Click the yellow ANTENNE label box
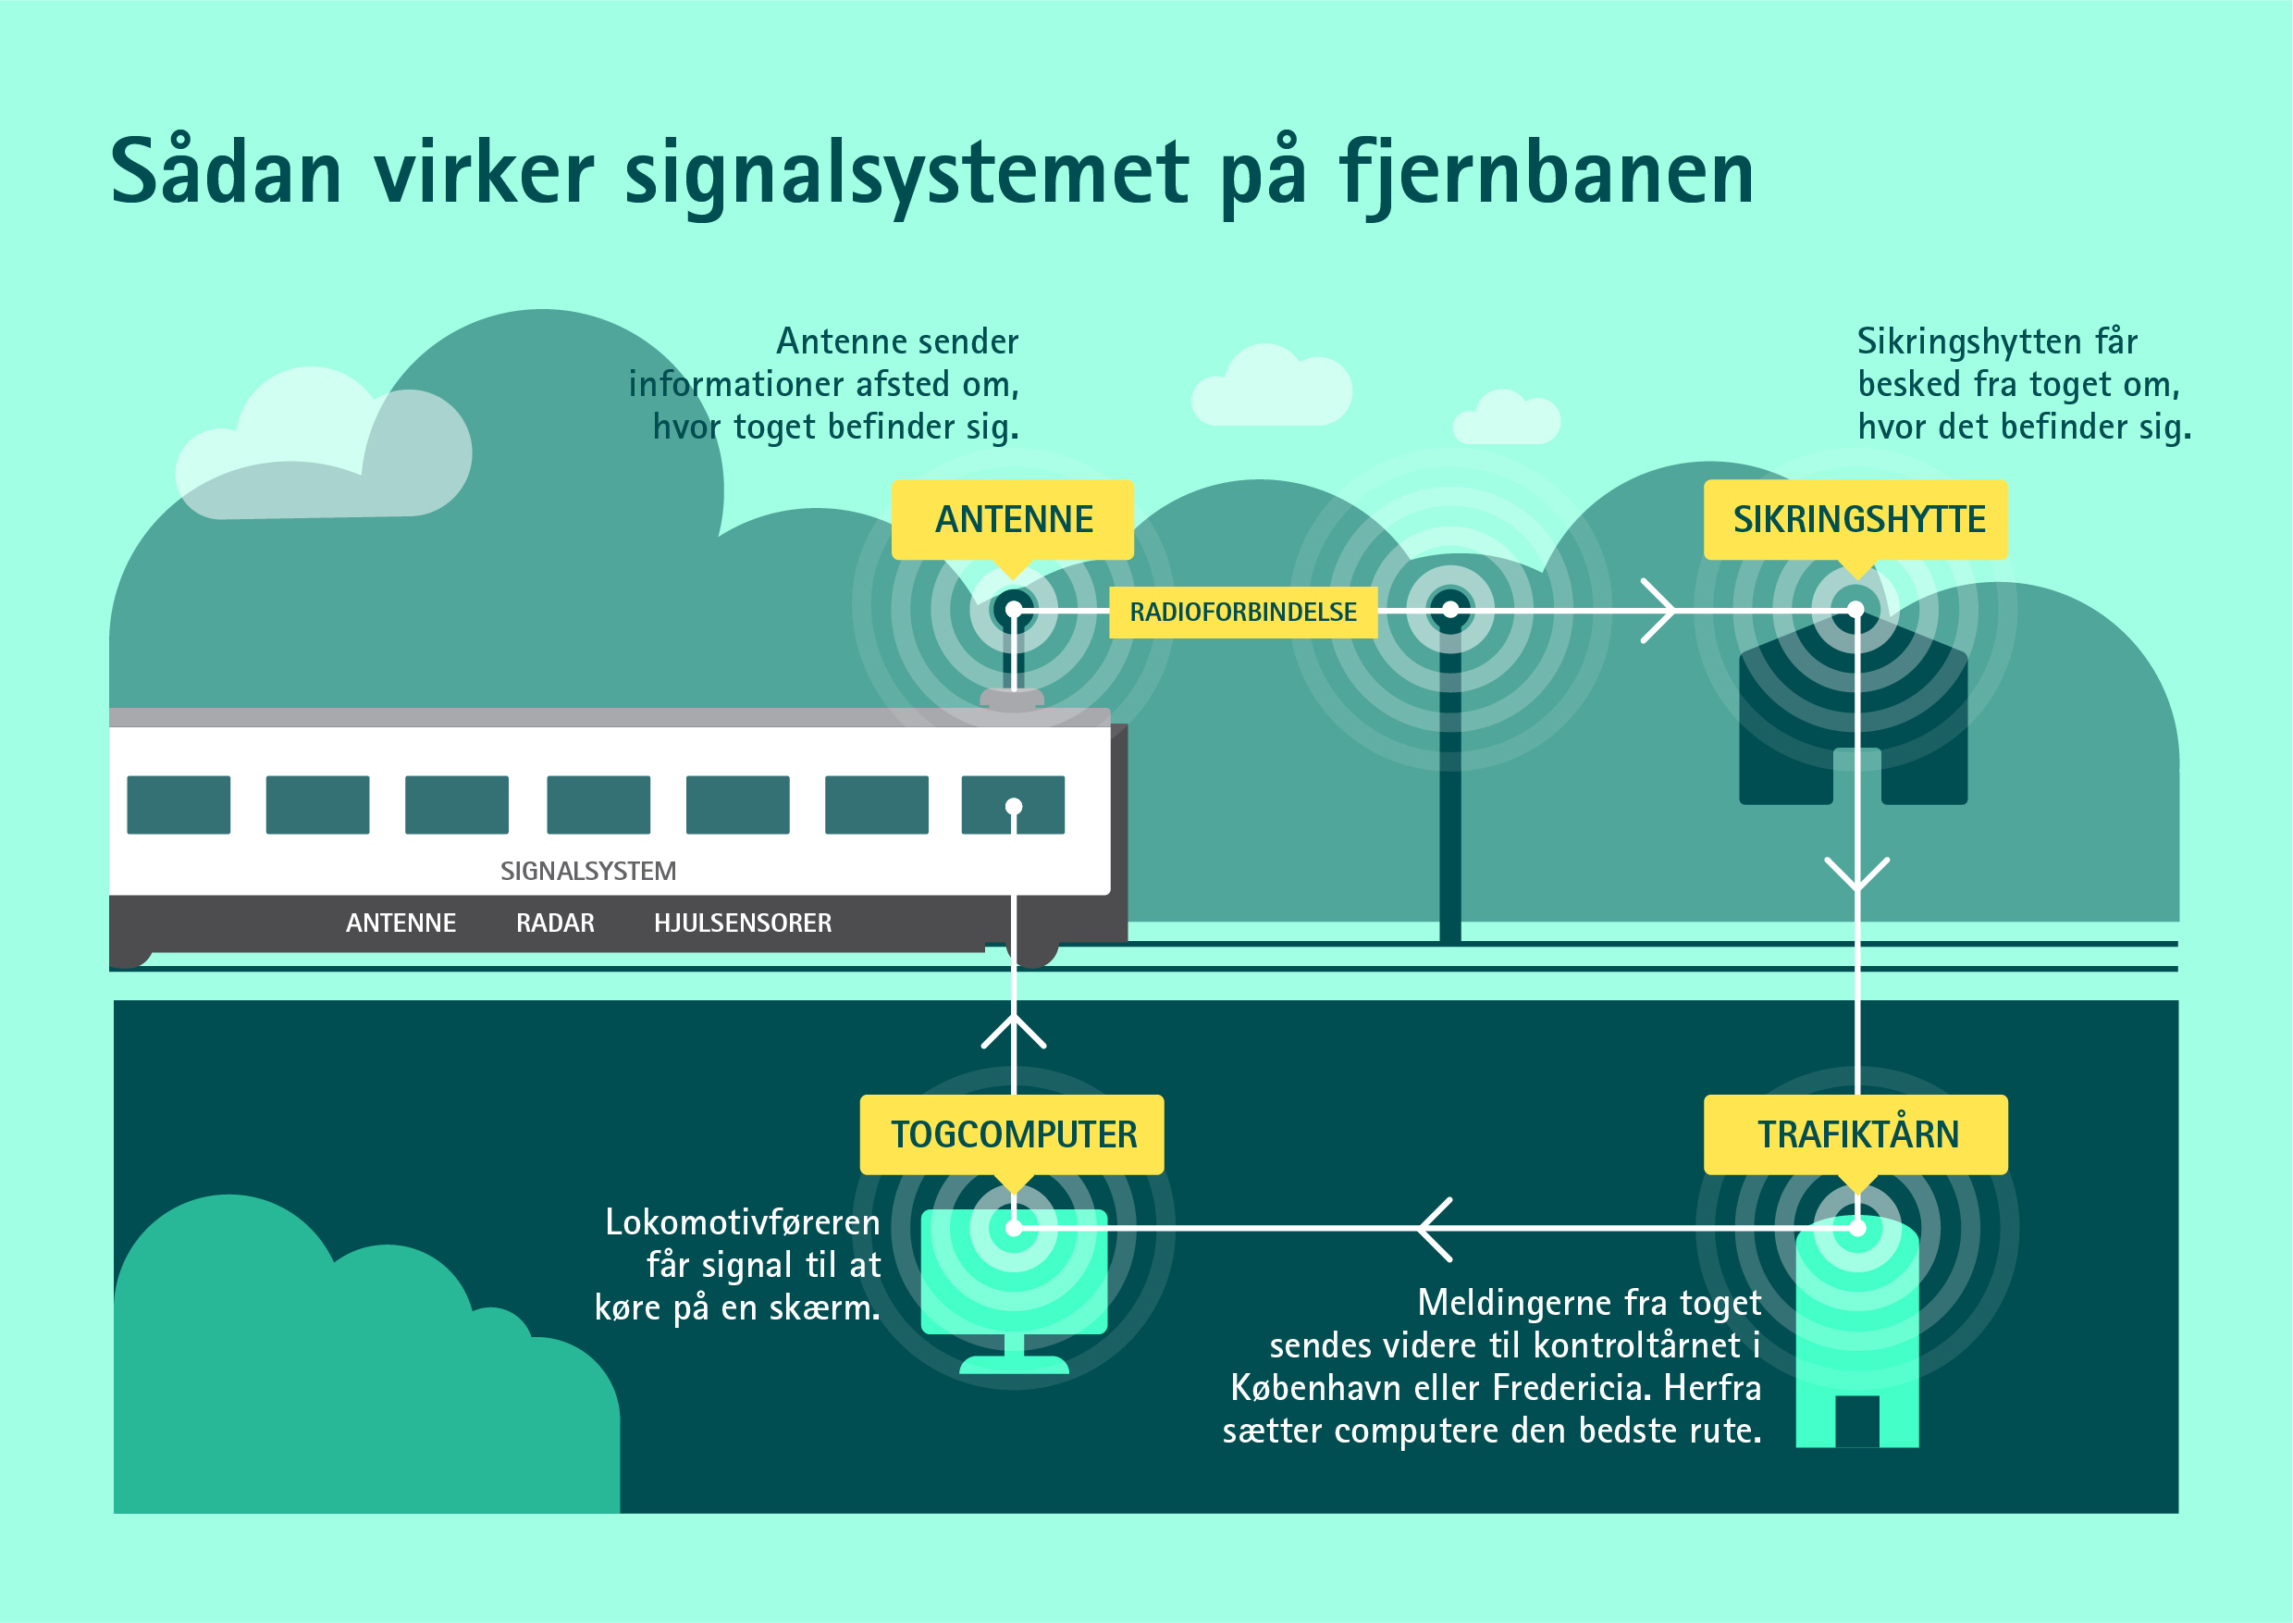coord(1012,519)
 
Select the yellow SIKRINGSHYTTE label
coord(1856,519)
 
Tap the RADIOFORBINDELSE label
coord(1243,612)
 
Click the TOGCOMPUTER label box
coord(1012,1134)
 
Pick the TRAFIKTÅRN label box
coord(1856,1134)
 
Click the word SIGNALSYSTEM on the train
coord(587,872)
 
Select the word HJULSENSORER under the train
coord(743,923)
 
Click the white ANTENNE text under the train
coord(401,923)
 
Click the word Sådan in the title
coord(226,172)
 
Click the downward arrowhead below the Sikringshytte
coord(1856,873)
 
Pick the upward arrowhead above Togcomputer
coord(1013,1032)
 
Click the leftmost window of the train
coord(178,804)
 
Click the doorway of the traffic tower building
coord(1856,1421)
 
